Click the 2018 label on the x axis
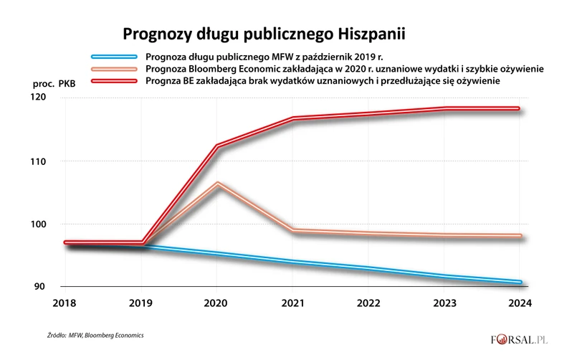coord(65,304)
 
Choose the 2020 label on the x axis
coord(218,304)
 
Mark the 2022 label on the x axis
coord(370,304)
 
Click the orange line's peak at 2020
coord(218,184)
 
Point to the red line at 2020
coord(218,146)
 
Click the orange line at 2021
coord(294,230)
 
